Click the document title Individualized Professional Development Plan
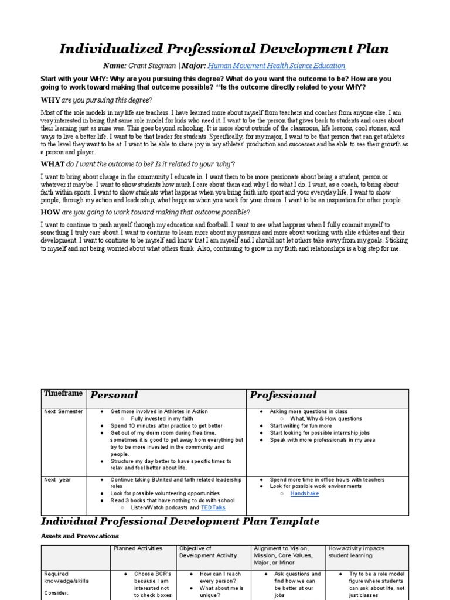pos(224,49)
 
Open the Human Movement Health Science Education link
pos(277,66)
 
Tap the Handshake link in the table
pos(305,494)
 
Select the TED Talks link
pos(213,507)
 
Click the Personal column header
pos(114,395)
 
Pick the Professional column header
pos(283,395)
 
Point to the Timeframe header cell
pos(63,394)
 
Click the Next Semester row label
pos(64,412)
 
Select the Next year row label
pos(57,480)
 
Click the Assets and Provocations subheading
pos(79,536)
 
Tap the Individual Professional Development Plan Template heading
pos(180,521)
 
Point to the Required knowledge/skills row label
pos(64,578)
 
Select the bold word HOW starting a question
pos(50,212)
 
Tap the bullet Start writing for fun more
pos(301,426)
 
